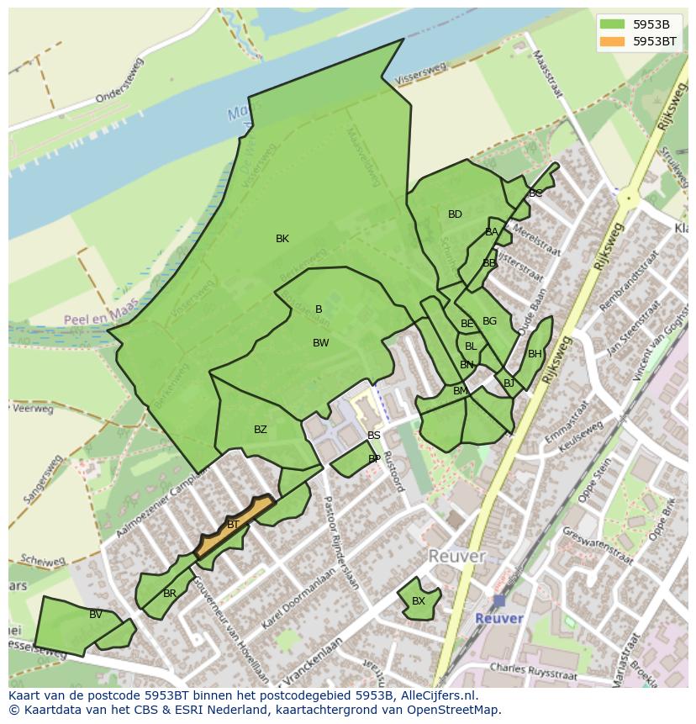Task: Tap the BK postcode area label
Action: click(x=282, y=239)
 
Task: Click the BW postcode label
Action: click(x=320, y=343)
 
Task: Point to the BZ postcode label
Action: click(x=261, y=430)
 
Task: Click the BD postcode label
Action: click(x=455, y=214)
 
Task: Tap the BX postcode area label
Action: click(x=418, y=601)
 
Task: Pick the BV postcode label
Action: click(x=96, y=615)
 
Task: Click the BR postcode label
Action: click(x=170, y=594)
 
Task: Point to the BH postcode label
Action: click(x=535, y=354)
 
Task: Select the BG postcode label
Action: click(x=489, y=321)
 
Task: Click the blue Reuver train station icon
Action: click(x=499, y=600)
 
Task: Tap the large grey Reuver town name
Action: click(x=456, y=557)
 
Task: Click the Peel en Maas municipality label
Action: click(x=100, y=316)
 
